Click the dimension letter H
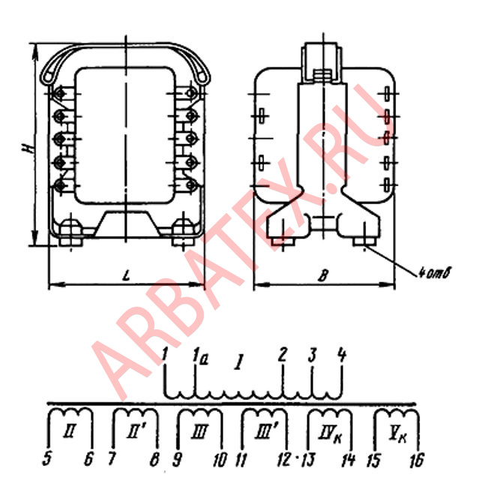tap(28, 149)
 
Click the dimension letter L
tap(126, 275)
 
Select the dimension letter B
tap(323, 275)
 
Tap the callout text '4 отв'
tap(435, 273)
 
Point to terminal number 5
tap(46, 459)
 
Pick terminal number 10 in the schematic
tap(220, 460)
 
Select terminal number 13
tap(309, 460)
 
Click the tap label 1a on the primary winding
tap(201, 356)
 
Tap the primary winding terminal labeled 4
tap(342, 354)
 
